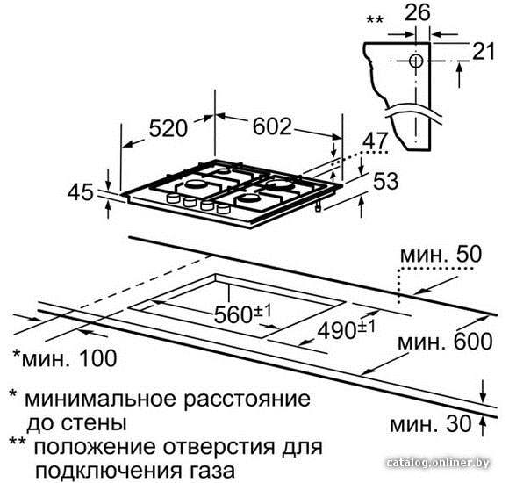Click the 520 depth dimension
(x=168, y=128)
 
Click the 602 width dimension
(x=272, y=126)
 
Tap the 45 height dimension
(x=81, y=192)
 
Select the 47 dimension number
(x=375, y=141)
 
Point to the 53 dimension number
(x=385, y=181)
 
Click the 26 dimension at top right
(x=418, y=12)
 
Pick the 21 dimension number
(x=484, y=51)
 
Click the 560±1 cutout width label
(x=242, y=314)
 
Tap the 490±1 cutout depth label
(x=346, y=329)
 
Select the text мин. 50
(x=441, y=255)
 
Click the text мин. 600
(x=445, y=342)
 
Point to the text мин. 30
(x=430, y=424)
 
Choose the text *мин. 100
(x=64, y=358)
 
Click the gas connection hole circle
(x=416, y=61)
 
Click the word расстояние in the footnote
(x=247, y=400)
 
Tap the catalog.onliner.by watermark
(x=438, y=463)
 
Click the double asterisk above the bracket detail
(x=375, y=20)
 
